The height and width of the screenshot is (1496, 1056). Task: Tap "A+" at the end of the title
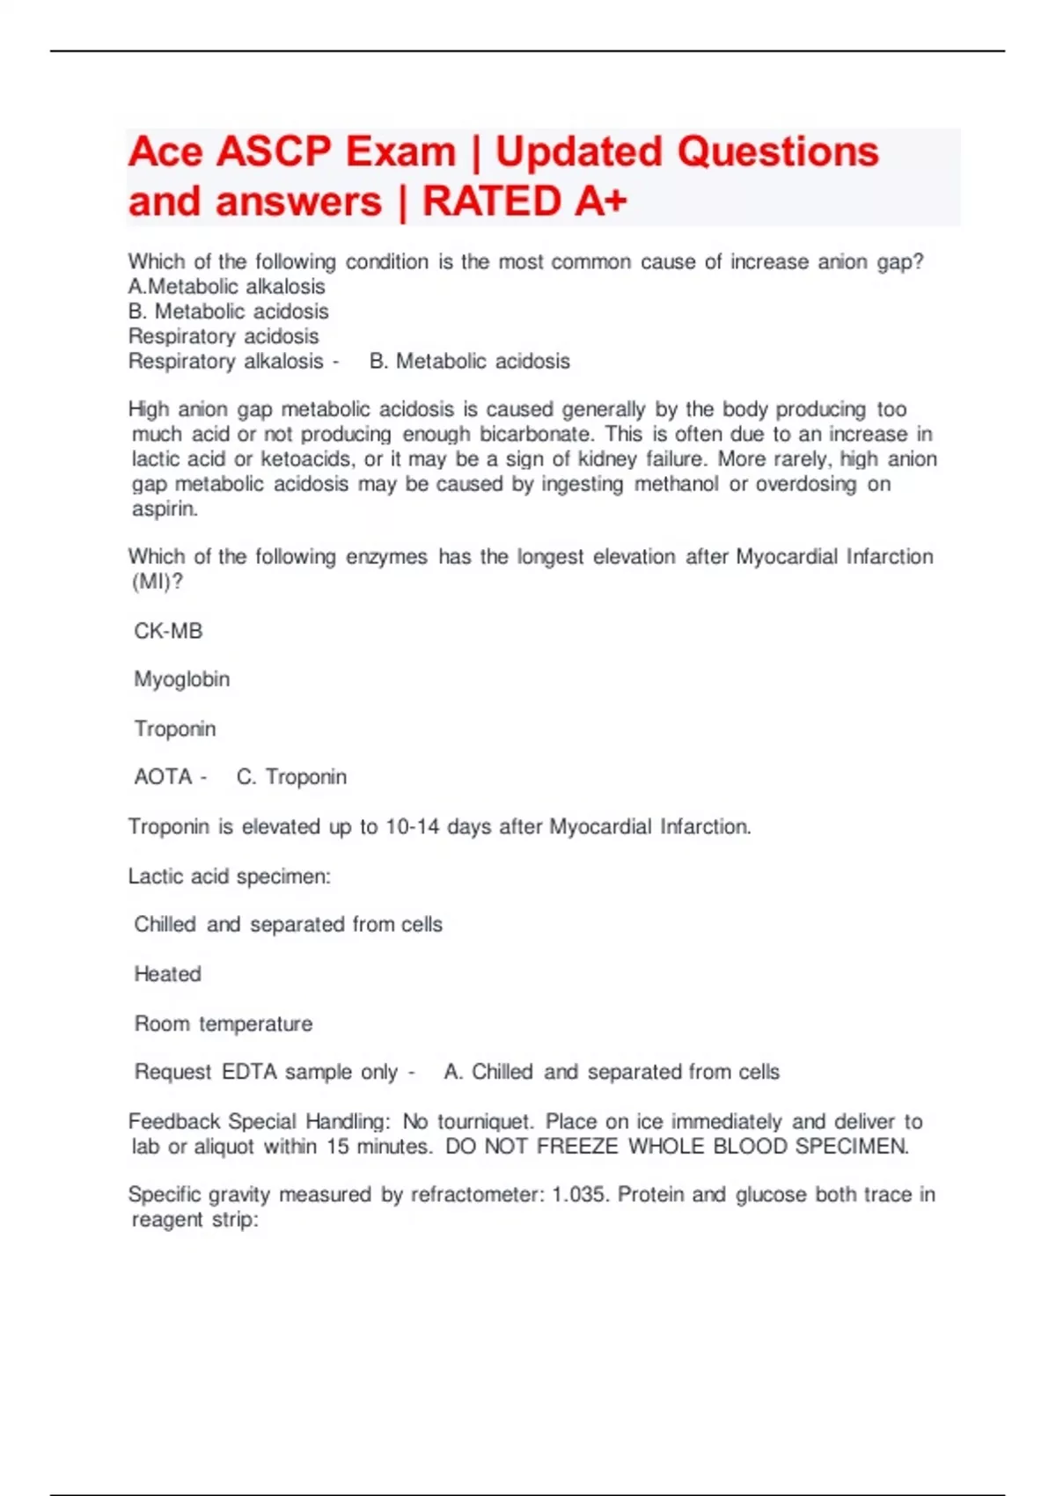point(601,202)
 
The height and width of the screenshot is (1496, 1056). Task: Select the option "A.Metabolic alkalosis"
point(226,287)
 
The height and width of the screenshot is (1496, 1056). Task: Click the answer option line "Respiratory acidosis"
point(224,336)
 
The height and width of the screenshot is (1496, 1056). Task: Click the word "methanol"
point(676,484)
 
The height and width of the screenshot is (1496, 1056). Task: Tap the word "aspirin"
point(165,509)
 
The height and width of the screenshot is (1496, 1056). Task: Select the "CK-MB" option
point(168,631)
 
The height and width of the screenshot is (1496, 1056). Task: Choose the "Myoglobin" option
point(181,679)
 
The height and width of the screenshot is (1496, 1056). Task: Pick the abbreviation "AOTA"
point(163,777)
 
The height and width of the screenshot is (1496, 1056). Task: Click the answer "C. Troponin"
point(291,777)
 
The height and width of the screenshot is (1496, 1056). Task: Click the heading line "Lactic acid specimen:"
point(229,876)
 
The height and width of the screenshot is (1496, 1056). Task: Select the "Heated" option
point(167,974)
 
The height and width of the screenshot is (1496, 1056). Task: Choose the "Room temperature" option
point(223,1023)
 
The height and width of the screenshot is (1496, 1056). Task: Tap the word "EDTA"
point(249,1072)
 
